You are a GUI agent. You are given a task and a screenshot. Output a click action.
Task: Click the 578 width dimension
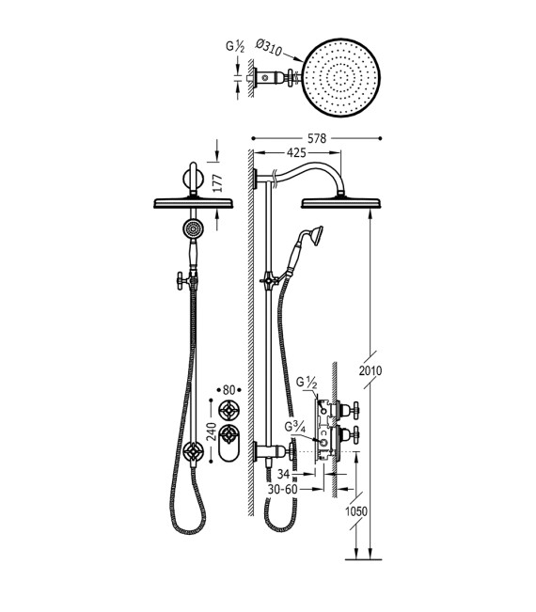click(x=317, y=138)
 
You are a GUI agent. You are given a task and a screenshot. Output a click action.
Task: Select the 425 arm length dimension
click(x=296, y=152)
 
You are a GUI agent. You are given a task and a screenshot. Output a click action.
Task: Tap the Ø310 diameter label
click(x=269, y=47)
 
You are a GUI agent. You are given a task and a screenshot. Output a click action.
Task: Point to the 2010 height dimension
click(x=370, y=370)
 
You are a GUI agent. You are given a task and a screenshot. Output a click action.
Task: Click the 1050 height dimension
click(x=356, y=510)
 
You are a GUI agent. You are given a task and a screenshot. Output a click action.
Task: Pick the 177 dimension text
click(x=217, y=182)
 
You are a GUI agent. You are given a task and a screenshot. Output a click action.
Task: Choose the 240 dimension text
click(x=212, y=432)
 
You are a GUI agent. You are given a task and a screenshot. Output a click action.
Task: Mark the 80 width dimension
click(x=229, y=389)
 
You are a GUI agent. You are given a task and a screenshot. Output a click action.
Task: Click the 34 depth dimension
click(x=284, y=474)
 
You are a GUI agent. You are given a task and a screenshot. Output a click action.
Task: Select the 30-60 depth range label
click(x=283, y=489)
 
